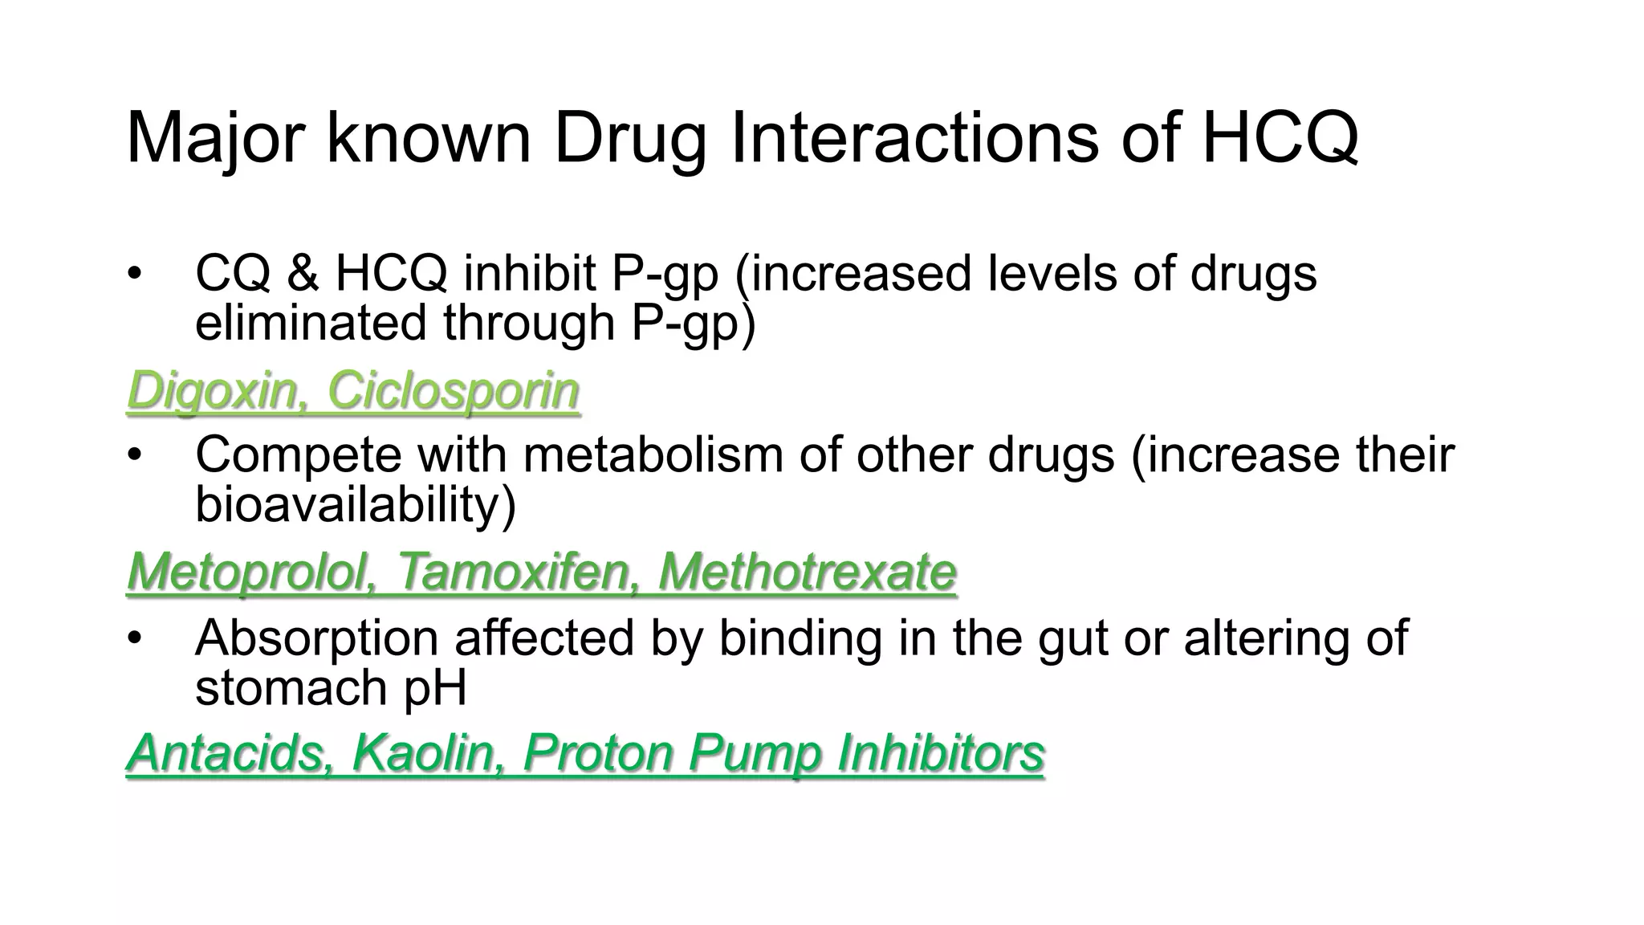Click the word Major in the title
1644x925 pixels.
click(215, 138)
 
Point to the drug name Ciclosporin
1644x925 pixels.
click(453, 392)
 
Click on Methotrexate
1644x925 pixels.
click(807, 573)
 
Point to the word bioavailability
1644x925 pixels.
click(355, 504)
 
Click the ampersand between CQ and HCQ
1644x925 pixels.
click(303, 273)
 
